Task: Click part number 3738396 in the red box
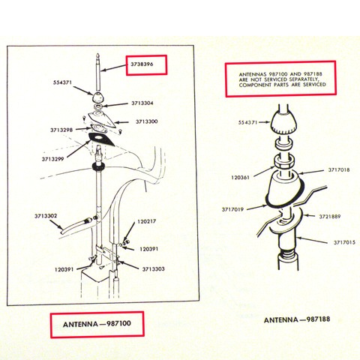(x=142, y=64)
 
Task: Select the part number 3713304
(x=142, y=103)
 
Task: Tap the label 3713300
(x=146, y=121)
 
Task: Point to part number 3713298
(x=61, y=130)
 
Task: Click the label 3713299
(x=52, y=159)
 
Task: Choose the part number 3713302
(x=46, y=216)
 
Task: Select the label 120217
(x=146, y=221)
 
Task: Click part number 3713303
(x=153, y=269)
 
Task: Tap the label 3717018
(x=339, y=170)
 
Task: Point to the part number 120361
(x=240, y=178)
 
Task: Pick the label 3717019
(x=232, y=209)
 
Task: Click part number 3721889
(x=329, y=217)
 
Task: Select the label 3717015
(x=344, y=242)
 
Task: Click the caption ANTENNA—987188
(x=297, y=319)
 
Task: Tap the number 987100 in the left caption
(x=118, y=323)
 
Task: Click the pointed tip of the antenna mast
(x=97, y=53)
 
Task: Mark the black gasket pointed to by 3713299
(x=102, y=139)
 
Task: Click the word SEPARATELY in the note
(x=304, y=79)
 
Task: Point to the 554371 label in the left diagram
(x=62, y=82)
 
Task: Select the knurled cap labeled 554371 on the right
(x=283, y=123)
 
